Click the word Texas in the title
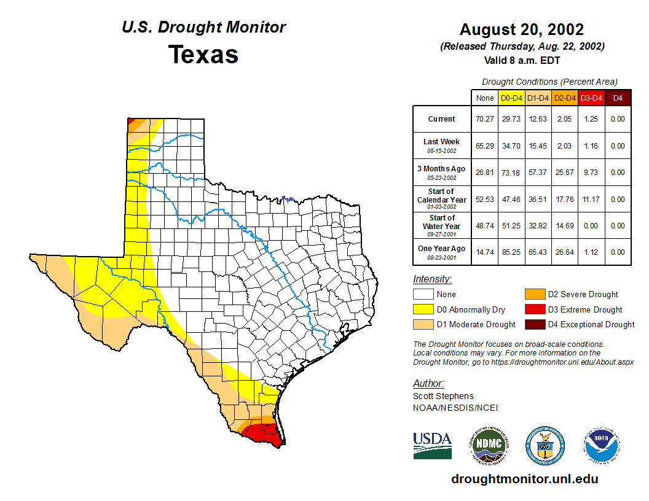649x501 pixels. [x=203, y=54]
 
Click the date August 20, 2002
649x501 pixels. [x=522, y=29]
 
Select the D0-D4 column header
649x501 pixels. [x=511, y=98]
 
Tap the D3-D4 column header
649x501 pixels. [x=591, y=98]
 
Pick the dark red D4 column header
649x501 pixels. [x=618, y=98]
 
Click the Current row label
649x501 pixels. [x=442, y=119]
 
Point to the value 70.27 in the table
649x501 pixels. [x=485, y=119]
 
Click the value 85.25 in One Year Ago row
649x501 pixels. [x=511, y=252]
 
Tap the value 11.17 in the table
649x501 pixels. [x=591, y=199]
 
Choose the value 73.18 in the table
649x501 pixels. [x=511, y=173]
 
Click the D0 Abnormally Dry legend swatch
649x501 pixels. [x=423, y=309]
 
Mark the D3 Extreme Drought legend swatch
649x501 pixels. [x=534, y=309]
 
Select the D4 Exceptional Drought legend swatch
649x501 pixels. [x=534, y=324]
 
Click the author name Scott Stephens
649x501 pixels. [x=443, y=396]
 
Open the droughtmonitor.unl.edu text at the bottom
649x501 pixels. [x=524, y=479]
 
